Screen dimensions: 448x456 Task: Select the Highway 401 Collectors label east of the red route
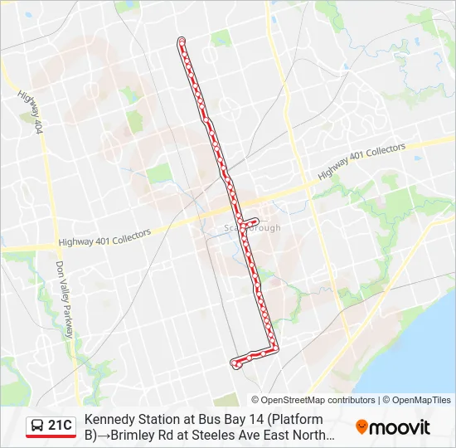pyautogui.click(x=361, y=162)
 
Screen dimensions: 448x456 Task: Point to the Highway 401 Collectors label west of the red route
pyautogui.click(x=104, y=238)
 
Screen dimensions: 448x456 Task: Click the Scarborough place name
pyautogui.click(x=254, y=228)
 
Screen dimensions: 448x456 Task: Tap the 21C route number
pyautogui.click(x=60, y=426)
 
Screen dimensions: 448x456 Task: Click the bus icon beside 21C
pyautogui.click(x=37, y=426)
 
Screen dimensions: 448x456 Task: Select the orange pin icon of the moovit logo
pyautogui.click(x=361, y=427)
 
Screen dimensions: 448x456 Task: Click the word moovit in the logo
pyautogui.click(x=400, y=427)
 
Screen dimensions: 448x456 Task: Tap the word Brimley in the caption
pyautogui.click(x=138, y=433)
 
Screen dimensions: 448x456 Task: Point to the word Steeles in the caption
pyautogui.click(x=226, y=433)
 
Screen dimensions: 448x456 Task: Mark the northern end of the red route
pyautogui.click(x=182, y=40)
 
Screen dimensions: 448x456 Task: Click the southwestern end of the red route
pyautogui.click(x=234, y=362)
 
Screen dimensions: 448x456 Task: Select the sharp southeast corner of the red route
pyautogui.click(x=276, y=348)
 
